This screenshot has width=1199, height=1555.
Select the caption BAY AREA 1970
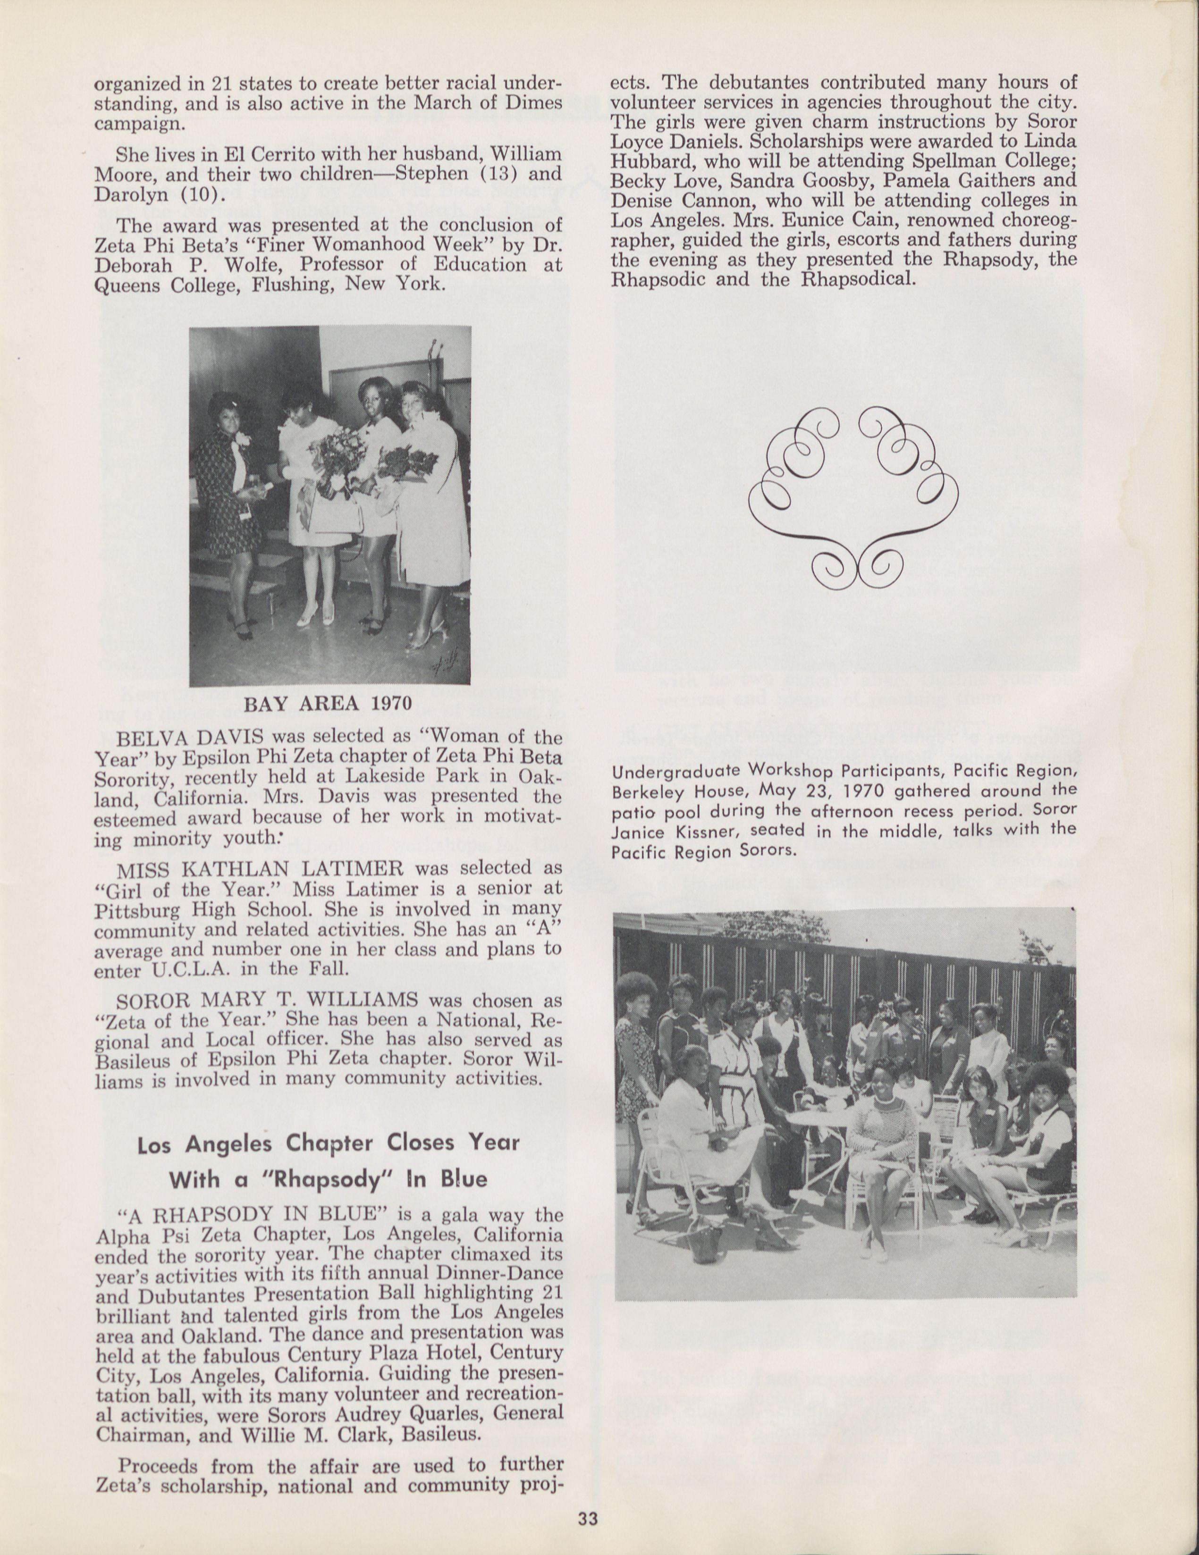point(328,704)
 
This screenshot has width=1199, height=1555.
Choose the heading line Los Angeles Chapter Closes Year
point(328,1143)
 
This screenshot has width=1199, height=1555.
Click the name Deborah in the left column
point(135,265)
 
